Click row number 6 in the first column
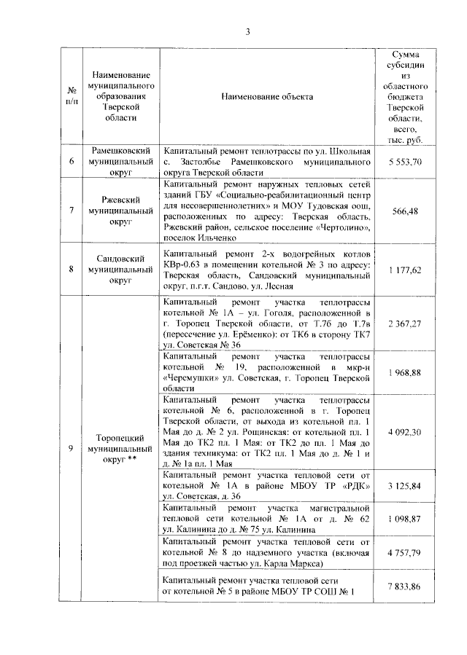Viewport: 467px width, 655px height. (72, 161)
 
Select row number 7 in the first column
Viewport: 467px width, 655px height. (72, 211)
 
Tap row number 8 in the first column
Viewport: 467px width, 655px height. (72, 269)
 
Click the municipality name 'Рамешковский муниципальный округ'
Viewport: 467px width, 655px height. (120, 161)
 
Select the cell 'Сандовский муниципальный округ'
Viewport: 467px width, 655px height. (120, 269)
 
